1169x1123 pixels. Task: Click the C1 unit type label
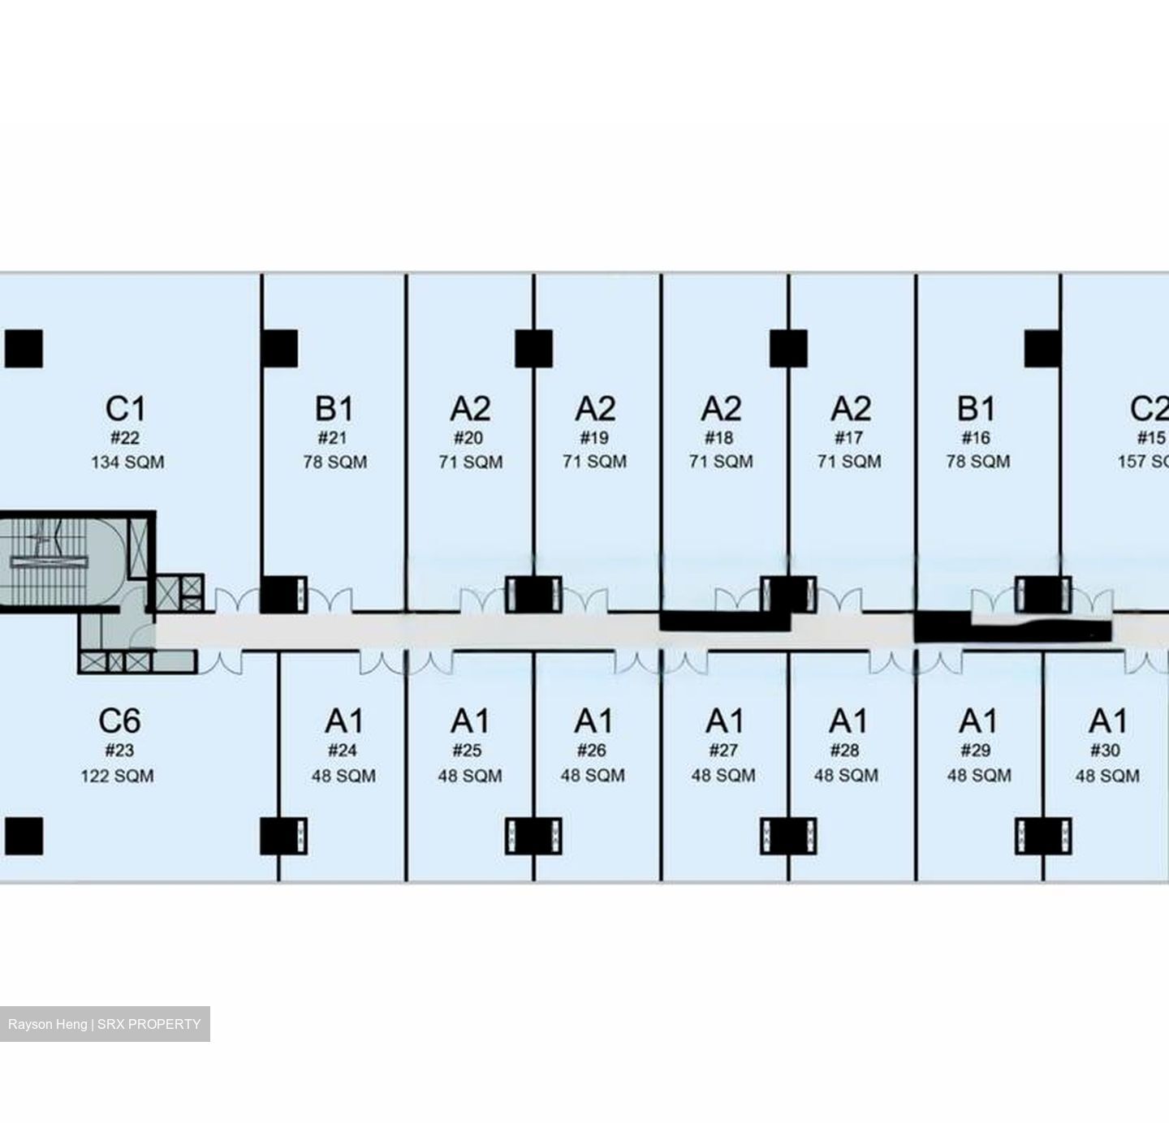pos(126,409)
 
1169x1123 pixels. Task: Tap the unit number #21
pos(332,438)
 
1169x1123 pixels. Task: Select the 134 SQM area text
pos(127,463)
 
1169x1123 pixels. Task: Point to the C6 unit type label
pos(119,721)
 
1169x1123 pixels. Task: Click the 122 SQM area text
pos(117,776)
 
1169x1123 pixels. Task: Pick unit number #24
pos(343,750)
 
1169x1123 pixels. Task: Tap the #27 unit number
pos(723,750)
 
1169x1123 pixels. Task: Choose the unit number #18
pos(719,438)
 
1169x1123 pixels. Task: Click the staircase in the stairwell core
pos(45,562)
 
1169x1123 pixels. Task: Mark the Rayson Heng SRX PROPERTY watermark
pos(105,1024)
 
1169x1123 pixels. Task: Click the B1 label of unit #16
pos(976,409)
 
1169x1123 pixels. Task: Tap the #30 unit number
pos(1106,750)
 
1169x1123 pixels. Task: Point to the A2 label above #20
pos(470,409)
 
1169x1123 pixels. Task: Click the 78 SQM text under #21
pos(334,463)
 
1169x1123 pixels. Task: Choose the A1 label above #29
pos(978,721)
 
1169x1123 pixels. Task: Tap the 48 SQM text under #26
pos(593,775)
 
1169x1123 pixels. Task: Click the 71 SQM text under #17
pos(849,462)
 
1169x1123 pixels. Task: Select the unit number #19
pos(594,438)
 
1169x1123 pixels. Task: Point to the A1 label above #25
pos(470,721)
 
